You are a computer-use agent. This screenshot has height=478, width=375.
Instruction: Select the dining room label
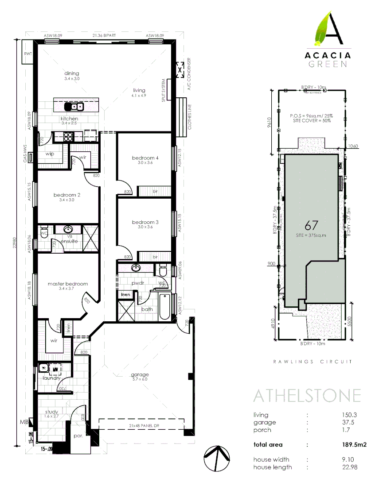tap(71, 73)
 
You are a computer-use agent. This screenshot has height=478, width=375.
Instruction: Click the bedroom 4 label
tap(145, 158)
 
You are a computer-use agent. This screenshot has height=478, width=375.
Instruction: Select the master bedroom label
tap(68, 284)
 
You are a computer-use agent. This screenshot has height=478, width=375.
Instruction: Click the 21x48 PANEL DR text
tap(140, 426)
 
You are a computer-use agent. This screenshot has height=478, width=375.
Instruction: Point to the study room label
tap(51, 412)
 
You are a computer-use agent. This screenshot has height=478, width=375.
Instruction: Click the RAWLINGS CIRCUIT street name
tap(313, 362)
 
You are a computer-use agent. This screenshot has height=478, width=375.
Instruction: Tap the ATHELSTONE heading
tap(306, 395)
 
